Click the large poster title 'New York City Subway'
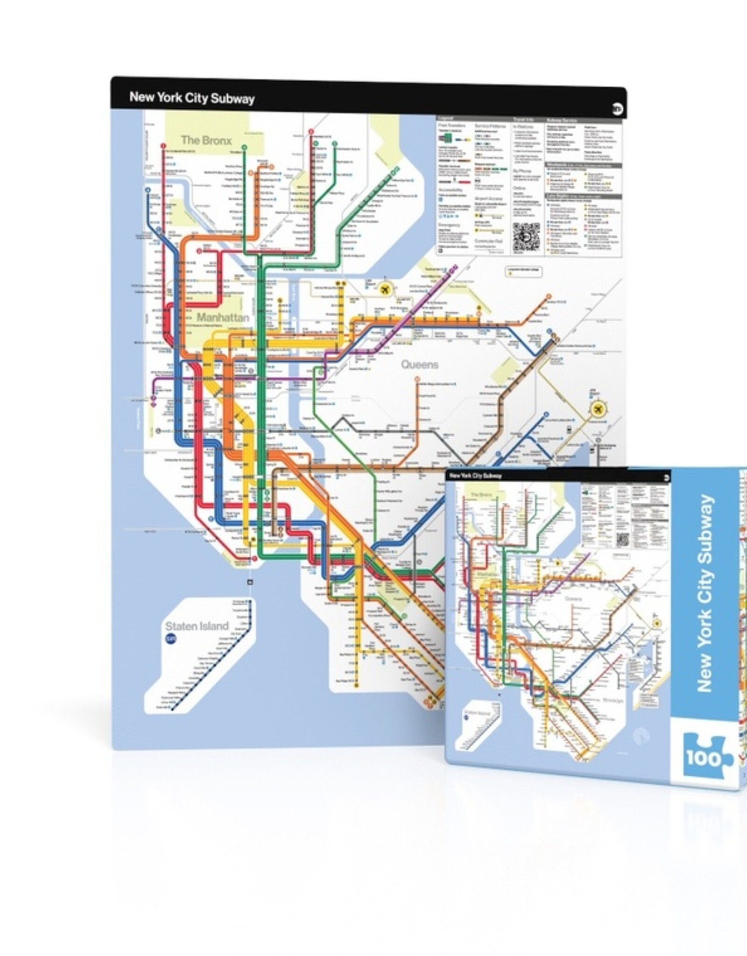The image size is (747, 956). (x=192, y=98)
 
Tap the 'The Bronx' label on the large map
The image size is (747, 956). (x=206, y=140)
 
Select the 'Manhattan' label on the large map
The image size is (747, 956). (x=223, y=317)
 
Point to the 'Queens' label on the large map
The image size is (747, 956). (x=419, y=365)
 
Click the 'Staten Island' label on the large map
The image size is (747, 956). (x=197, y=626)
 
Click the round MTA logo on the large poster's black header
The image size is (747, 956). (x=616, y=109)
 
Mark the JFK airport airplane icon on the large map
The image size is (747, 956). (x=597, y=409)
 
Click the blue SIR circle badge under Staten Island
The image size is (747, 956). (x=169, y=640)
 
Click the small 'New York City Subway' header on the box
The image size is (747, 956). (x=475, y=476)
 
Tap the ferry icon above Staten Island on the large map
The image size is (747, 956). (x=250, y=582)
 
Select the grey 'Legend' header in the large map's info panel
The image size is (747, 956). (x=447, y=119)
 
